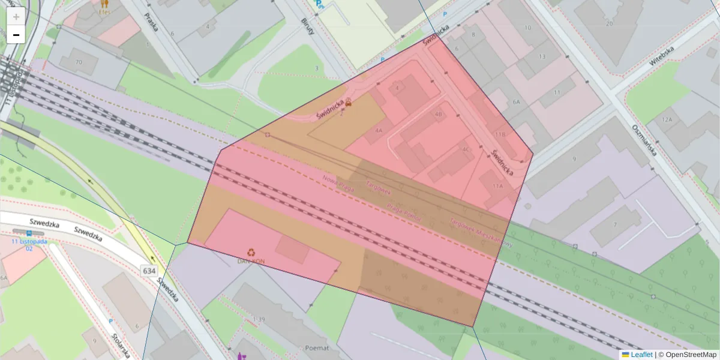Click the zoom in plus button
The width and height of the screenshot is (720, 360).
point(16,17)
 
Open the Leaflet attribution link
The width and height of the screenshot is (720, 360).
point(641,355)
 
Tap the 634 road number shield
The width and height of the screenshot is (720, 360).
point(150,271)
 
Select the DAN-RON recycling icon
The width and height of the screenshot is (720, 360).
point(251,253)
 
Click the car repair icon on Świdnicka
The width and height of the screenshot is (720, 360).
point(349,103)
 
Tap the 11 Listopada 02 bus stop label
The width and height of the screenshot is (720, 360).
point(29,245)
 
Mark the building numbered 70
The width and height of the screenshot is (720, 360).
point(79,62)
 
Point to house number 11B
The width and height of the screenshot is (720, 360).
point(500,134)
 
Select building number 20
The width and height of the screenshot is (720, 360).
point(609,23)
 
